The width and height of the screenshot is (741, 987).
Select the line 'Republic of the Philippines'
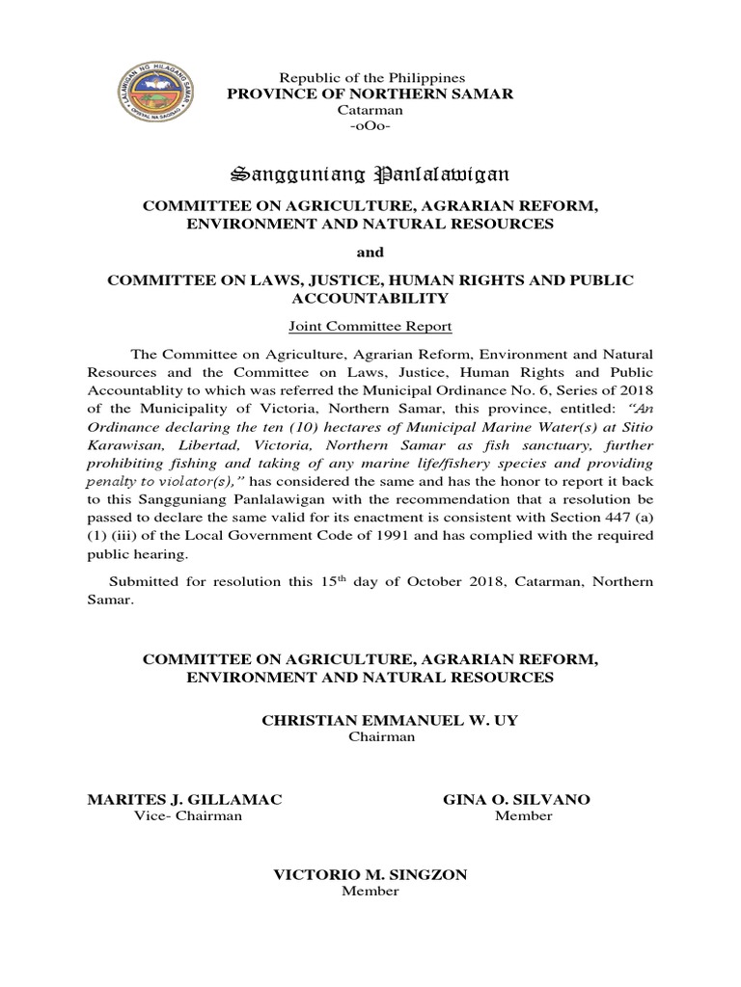(x=371, y=77)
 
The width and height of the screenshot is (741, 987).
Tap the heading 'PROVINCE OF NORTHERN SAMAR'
(x=370, y=93)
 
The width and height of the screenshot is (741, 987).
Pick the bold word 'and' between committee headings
(x=371, y=253)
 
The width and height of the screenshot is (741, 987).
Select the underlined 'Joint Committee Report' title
(x=370, y=327)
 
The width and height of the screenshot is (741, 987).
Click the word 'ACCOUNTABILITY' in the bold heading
(x=370, y=299)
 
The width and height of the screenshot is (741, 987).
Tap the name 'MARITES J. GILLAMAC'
(x=185, y=800)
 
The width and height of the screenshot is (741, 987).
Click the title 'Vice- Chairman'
(x=186, y=816)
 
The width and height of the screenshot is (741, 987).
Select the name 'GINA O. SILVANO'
(x=516, y=800)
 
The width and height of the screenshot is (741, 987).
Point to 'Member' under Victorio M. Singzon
(x=370, y=892)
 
